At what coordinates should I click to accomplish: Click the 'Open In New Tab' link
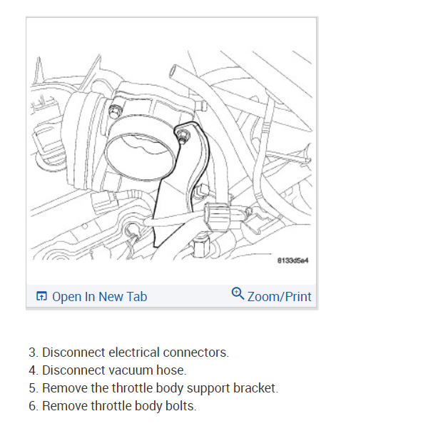(x=99, y=296)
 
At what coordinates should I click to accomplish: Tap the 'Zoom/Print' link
(x=279, y=296)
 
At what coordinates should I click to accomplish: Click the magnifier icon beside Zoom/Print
(x=238, y=293)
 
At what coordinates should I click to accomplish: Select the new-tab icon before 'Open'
(x=41, y=297)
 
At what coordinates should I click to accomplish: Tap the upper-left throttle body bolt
(x=113, y=109)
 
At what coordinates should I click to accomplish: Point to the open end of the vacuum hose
(x=174, y=70)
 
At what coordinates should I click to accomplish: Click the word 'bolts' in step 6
(x=180, y=406)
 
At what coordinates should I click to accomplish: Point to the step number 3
(x=32, y=353)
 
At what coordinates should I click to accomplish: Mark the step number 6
(x=32, y=406)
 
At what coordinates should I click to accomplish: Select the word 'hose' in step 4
(x=173, y=370)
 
